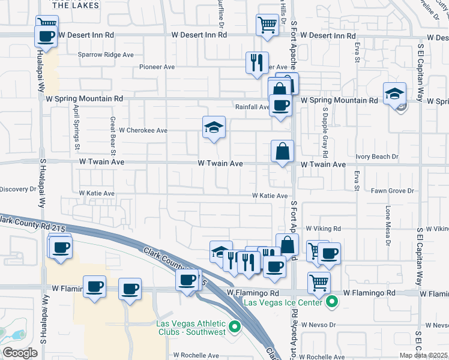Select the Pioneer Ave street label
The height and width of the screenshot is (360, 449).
click(x=157, y=67)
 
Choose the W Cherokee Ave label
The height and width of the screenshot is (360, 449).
click(x=143, y=130)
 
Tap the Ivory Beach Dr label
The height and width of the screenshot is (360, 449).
click(x=377, y=157)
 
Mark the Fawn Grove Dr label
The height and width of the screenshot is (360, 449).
click(x=393, y=191)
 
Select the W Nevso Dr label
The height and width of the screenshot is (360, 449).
click(x=321, y=325)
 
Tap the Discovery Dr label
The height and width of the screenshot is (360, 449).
click(x=18, y=190)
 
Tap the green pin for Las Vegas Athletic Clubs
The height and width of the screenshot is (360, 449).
click(x=235, y=326)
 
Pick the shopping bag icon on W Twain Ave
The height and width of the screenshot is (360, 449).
click(x=282, y=152)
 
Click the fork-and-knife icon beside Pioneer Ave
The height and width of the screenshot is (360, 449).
click(x=258, y=62)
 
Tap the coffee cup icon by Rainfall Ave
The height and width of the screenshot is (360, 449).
click(x=280, y=106)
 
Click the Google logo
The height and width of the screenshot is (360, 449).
click(x=20, y=353)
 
